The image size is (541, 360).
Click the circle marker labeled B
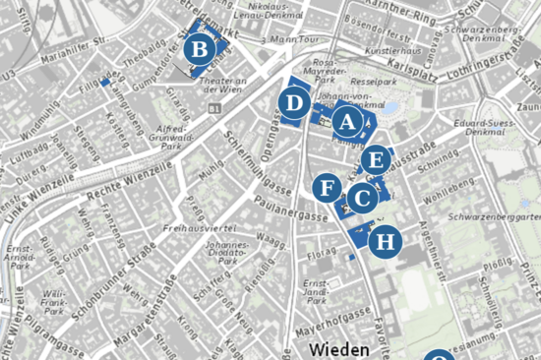(200, 48)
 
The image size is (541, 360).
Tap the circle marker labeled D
(293, 102)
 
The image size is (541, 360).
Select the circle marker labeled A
(345, 122)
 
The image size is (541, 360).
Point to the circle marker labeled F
(330, 187)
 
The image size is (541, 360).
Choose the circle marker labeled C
(362, 199)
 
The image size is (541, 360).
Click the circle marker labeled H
(387, 240)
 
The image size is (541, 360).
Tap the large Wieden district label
(339, 349)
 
